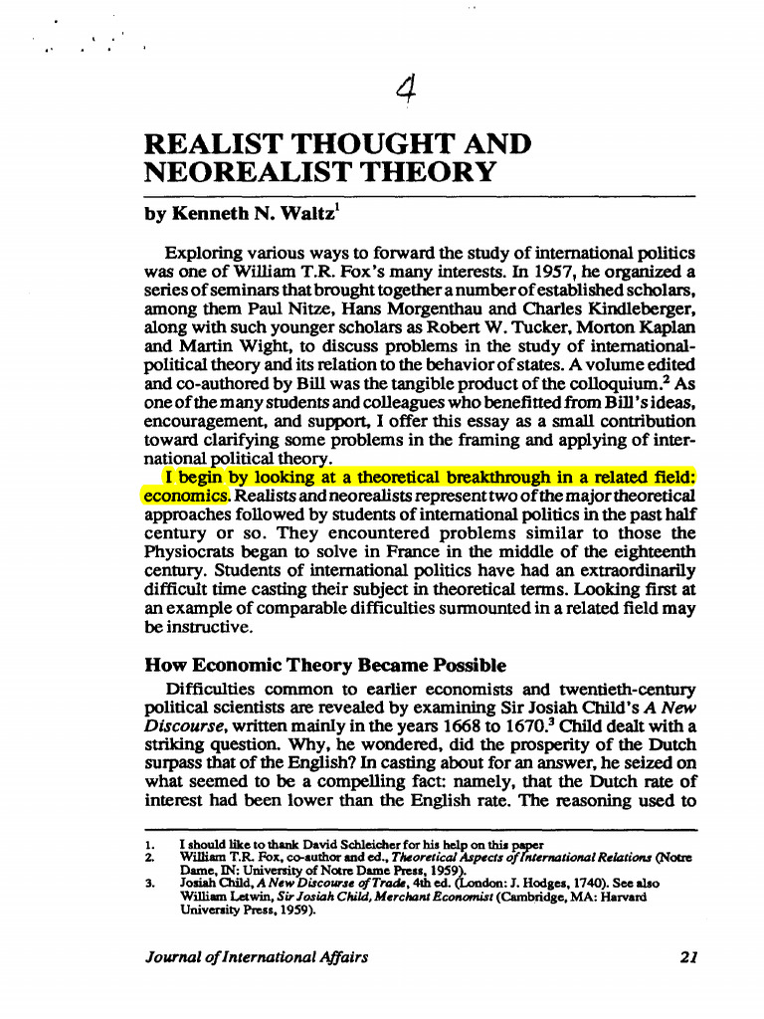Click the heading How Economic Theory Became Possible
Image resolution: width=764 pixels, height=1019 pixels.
325,666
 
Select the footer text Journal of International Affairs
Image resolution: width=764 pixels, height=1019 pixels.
257,958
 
